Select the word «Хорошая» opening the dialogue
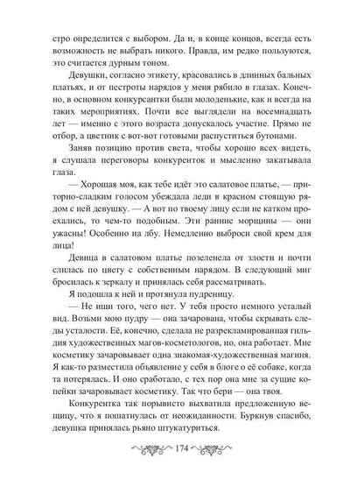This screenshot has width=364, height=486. point(92,215)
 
